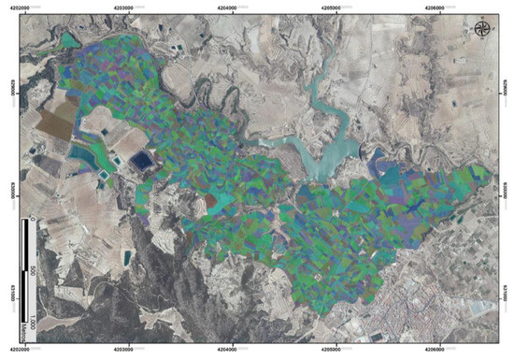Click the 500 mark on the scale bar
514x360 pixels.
(34, 271)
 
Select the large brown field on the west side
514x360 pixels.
(58, 122)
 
